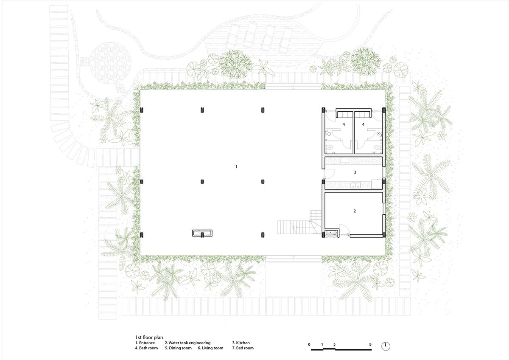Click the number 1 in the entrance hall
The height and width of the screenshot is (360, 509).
[x=236, y=167]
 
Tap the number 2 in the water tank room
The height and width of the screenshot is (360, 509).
[x=354, y=211]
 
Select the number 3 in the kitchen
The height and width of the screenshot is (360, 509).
[x=355, y=172]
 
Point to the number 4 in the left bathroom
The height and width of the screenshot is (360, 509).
[x=344, y=124]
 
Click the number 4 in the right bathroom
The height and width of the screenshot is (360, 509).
[x=363, y=124]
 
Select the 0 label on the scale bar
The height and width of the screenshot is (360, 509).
[x=310, y=344]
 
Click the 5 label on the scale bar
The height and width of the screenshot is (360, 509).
[x=370, y=344]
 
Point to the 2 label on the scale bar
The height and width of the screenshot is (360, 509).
[x=334, y=344]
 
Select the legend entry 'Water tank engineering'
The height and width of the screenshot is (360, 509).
[x=187, y=343]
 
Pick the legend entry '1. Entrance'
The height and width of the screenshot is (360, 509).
[x=145, y=343]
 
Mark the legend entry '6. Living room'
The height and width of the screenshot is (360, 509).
[x=210, y=348]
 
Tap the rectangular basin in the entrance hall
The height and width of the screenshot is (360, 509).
[x=202, y=233]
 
